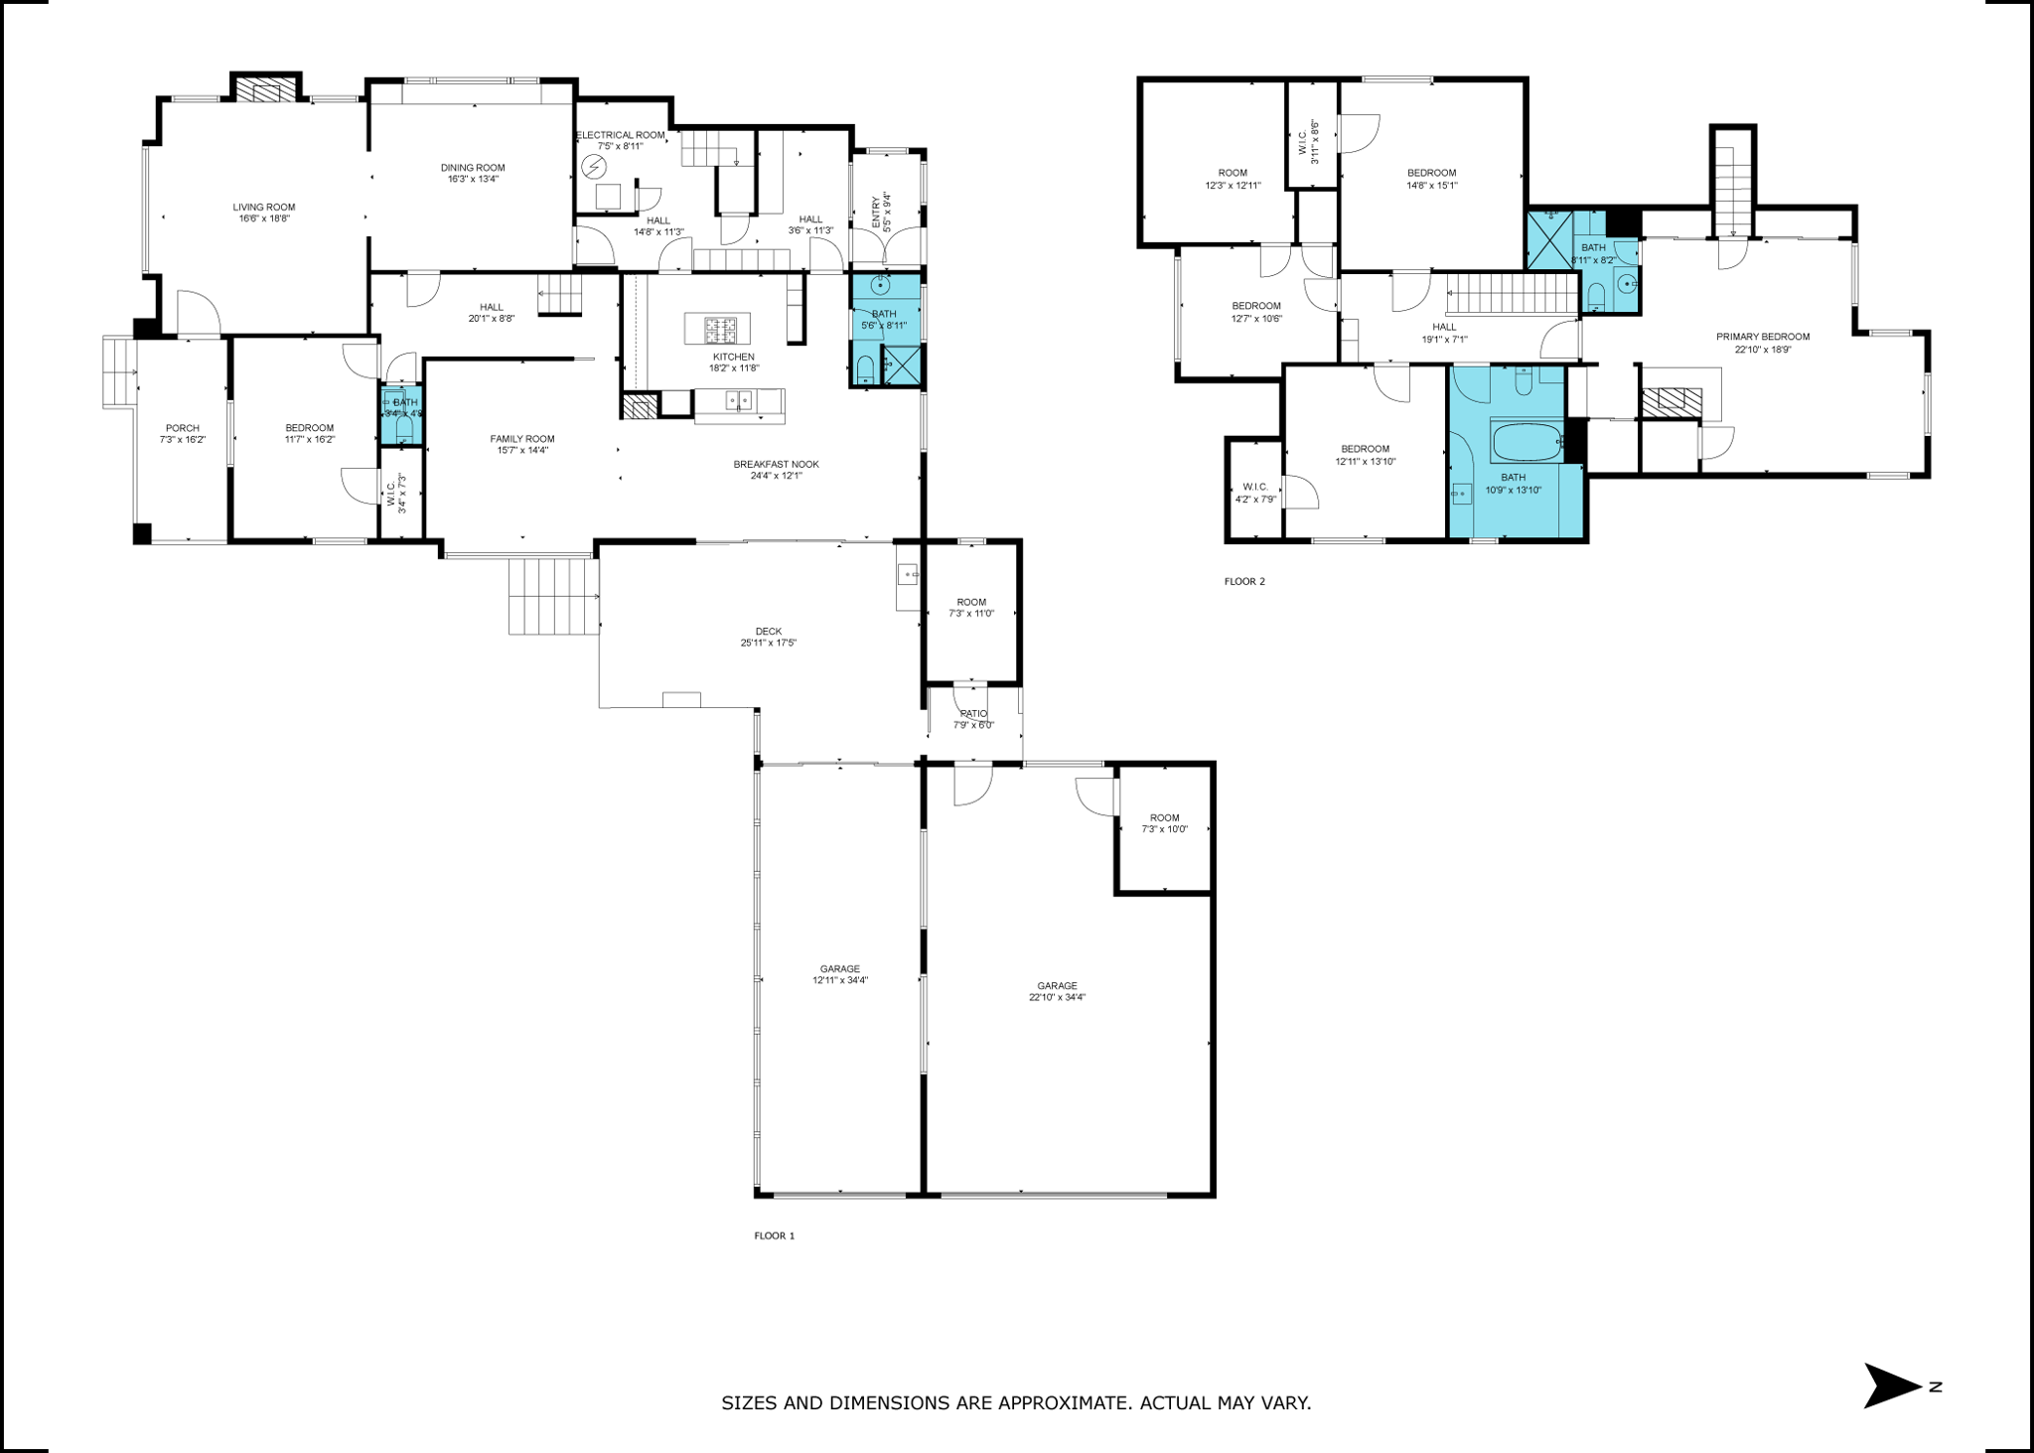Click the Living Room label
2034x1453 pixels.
point(264,208)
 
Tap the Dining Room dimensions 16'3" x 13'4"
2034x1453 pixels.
point(473,180)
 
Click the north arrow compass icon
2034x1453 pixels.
point(1893,1385)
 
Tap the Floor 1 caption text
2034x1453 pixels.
point(775,1236)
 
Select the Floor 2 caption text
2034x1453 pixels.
point(1244,582)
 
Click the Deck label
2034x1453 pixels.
point(768,632)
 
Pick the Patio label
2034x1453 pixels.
point(973,714)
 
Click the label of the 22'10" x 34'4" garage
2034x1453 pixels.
point(1057,986)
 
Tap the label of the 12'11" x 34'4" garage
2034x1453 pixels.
point(839,969)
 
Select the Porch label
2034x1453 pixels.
point(182,428)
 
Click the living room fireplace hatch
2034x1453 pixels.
point(265,91)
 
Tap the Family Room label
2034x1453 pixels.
point(521,439)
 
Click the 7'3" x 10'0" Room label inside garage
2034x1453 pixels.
point(1164,818)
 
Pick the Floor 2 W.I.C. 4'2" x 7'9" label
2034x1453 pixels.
point(1254,487)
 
